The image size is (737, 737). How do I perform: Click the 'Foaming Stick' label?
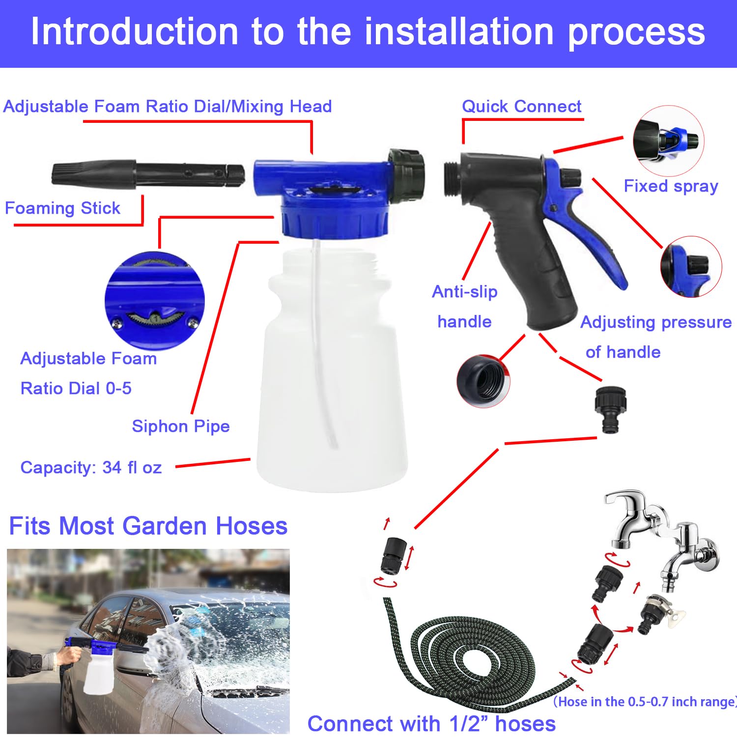[62, 208]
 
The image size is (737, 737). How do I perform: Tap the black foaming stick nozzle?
[147, 174]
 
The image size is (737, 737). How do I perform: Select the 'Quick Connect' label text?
[521, 107]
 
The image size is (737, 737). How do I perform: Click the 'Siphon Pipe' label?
[180, 426]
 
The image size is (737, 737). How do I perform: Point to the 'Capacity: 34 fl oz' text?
[91, 467]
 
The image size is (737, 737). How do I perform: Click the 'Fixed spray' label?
[671, 186]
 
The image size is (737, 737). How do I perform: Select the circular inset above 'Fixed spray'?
[668, 141]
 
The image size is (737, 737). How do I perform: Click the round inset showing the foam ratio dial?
[154, 301]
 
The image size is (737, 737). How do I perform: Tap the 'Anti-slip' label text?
[464, 292]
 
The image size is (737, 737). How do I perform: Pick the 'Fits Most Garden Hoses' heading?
[148, 526]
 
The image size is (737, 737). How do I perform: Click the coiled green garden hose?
[472, 658]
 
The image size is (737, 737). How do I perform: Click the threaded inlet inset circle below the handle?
[483, 381]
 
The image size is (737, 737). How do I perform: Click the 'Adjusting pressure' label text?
[656, 322]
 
